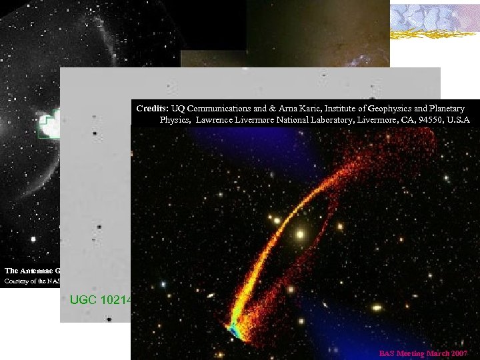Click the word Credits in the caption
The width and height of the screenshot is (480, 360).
pyautogui.click(x=152, y=108)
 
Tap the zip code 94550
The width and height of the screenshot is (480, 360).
pyautogui.click(x=420, y=120)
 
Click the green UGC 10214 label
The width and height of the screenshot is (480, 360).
pyautogui.click(x=100, y=299)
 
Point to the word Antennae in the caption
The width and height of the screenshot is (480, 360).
pyautogui.click(x=39, y=270)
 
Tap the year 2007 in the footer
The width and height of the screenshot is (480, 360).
pyautogui.click(x=459, y=353)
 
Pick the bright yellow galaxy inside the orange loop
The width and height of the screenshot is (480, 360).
pyautogui.click(x=300, y=234)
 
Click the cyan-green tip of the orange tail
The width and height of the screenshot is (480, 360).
pyautogui.click(x=235, y=329)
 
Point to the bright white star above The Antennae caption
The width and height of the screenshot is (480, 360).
pyautogui.click(x=33, y=239)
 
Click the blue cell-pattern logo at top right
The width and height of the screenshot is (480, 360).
pyautogui.click(x=434, y=20)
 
